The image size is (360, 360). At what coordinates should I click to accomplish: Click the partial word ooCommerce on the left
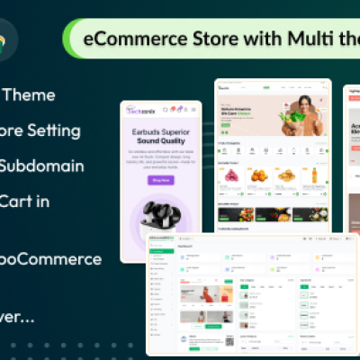(x=51, y=259)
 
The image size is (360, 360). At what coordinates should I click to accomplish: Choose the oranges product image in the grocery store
(x=260, y=176)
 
